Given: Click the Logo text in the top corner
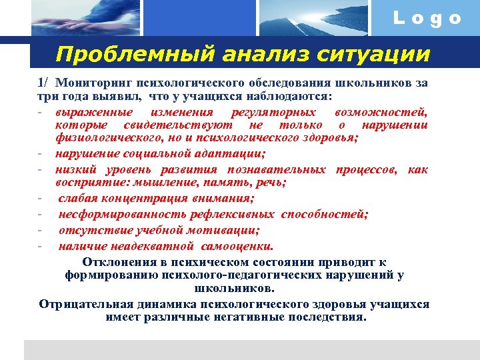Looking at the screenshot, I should tap(427, 19).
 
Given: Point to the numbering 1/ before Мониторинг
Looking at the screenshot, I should tap(43, 83).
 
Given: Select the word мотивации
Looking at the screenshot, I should tap(223, 230).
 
